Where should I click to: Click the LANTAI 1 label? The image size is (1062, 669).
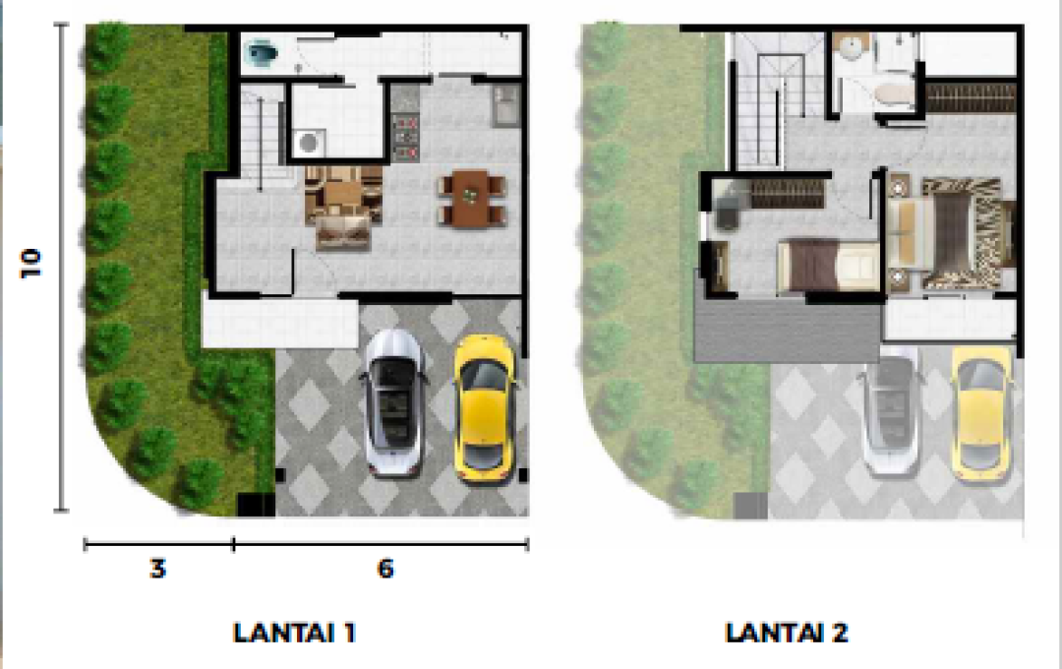pos(294,633)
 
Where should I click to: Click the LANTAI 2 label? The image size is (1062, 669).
pos(787,633)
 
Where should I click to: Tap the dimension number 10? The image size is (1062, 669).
pos(31,263)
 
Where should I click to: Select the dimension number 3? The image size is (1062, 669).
pos(157,568)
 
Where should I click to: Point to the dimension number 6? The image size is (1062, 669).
pos(385,568)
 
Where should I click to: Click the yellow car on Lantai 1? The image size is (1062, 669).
pos(484,408)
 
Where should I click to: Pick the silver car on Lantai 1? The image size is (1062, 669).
pos(394,402)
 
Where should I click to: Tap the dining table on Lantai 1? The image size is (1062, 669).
pos(472,198)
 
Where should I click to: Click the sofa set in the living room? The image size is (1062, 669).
pos(343,206)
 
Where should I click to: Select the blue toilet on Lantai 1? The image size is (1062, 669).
pos(263,52)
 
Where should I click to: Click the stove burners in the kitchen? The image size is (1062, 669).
pos(405,138)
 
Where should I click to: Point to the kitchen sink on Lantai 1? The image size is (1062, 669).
pos(506,105)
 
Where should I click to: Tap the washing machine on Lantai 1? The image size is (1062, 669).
pos(310,143)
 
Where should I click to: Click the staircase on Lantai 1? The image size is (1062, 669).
pos(260,136)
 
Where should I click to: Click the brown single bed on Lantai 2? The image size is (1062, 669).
pos(828,266)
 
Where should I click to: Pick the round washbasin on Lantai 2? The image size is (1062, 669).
pos(852,47)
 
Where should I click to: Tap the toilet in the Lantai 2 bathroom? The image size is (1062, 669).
pos(893,93)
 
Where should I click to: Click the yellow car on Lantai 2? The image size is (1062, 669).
pos(981,413)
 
